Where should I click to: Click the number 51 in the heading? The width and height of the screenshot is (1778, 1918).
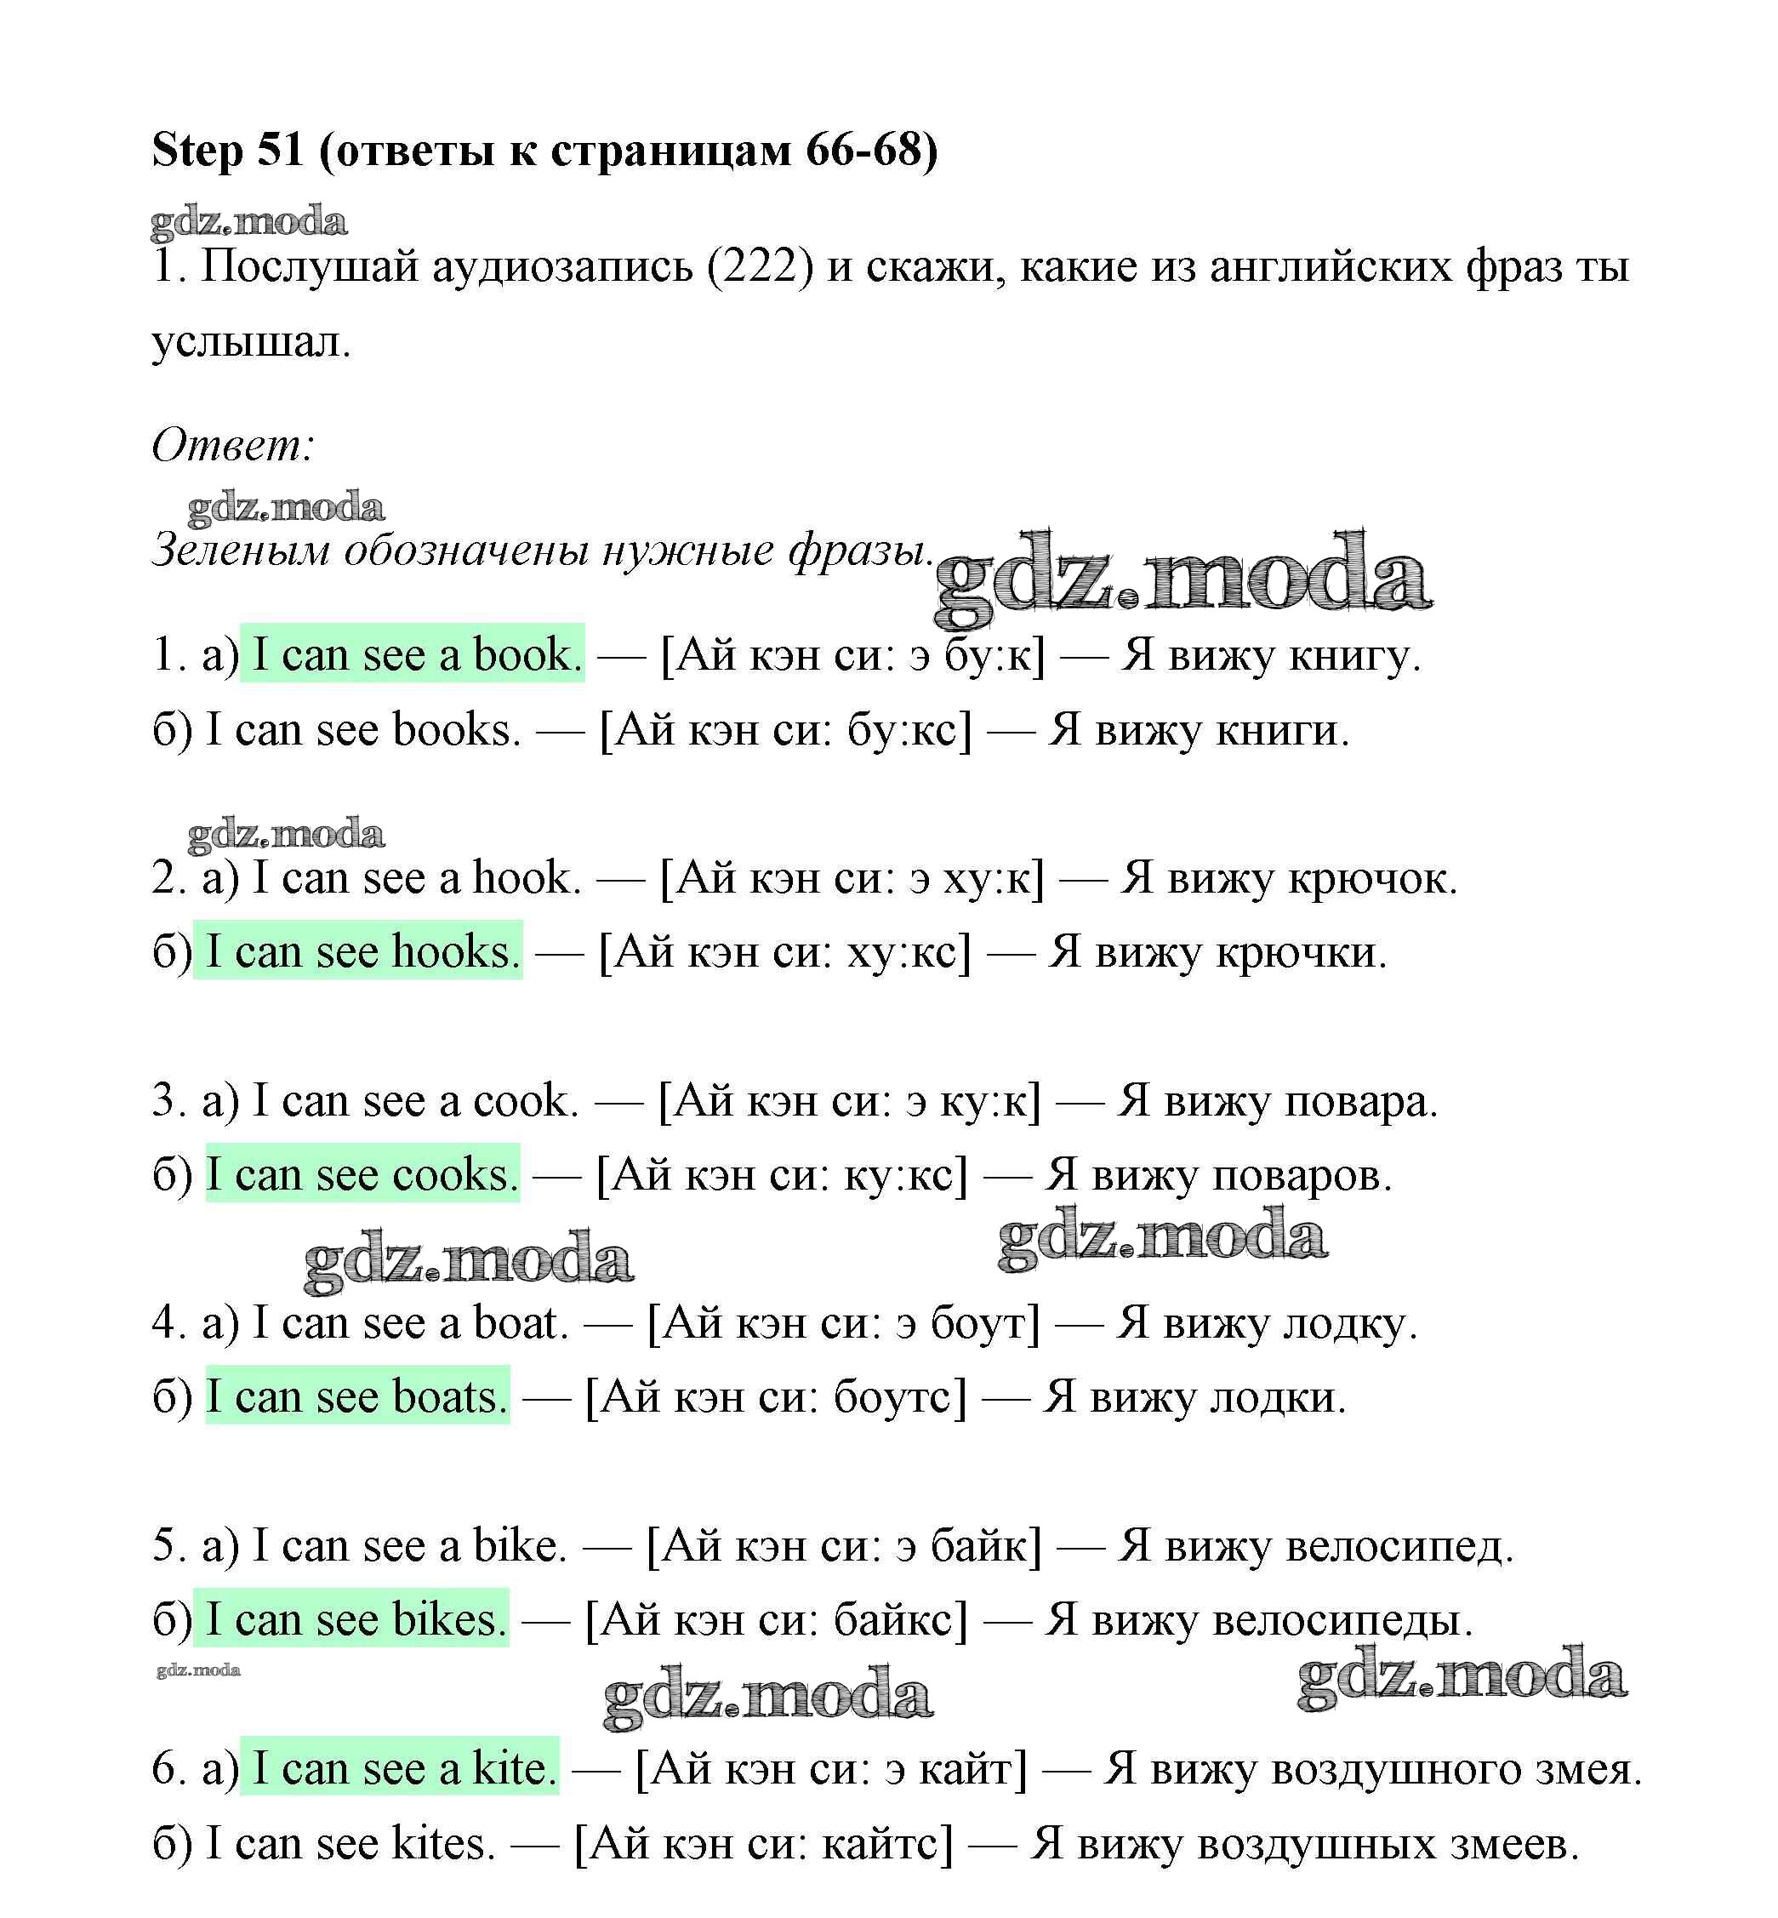[280, 151]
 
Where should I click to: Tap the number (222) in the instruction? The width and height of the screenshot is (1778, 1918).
[760, 267]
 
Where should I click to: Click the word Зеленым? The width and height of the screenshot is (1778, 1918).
[242, 551]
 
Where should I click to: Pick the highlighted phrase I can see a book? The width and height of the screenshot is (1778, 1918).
[412, 655]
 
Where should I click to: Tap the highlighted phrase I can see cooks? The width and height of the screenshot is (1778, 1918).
[362, 1175]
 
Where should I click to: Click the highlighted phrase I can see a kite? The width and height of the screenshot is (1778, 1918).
[399, 1769]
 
